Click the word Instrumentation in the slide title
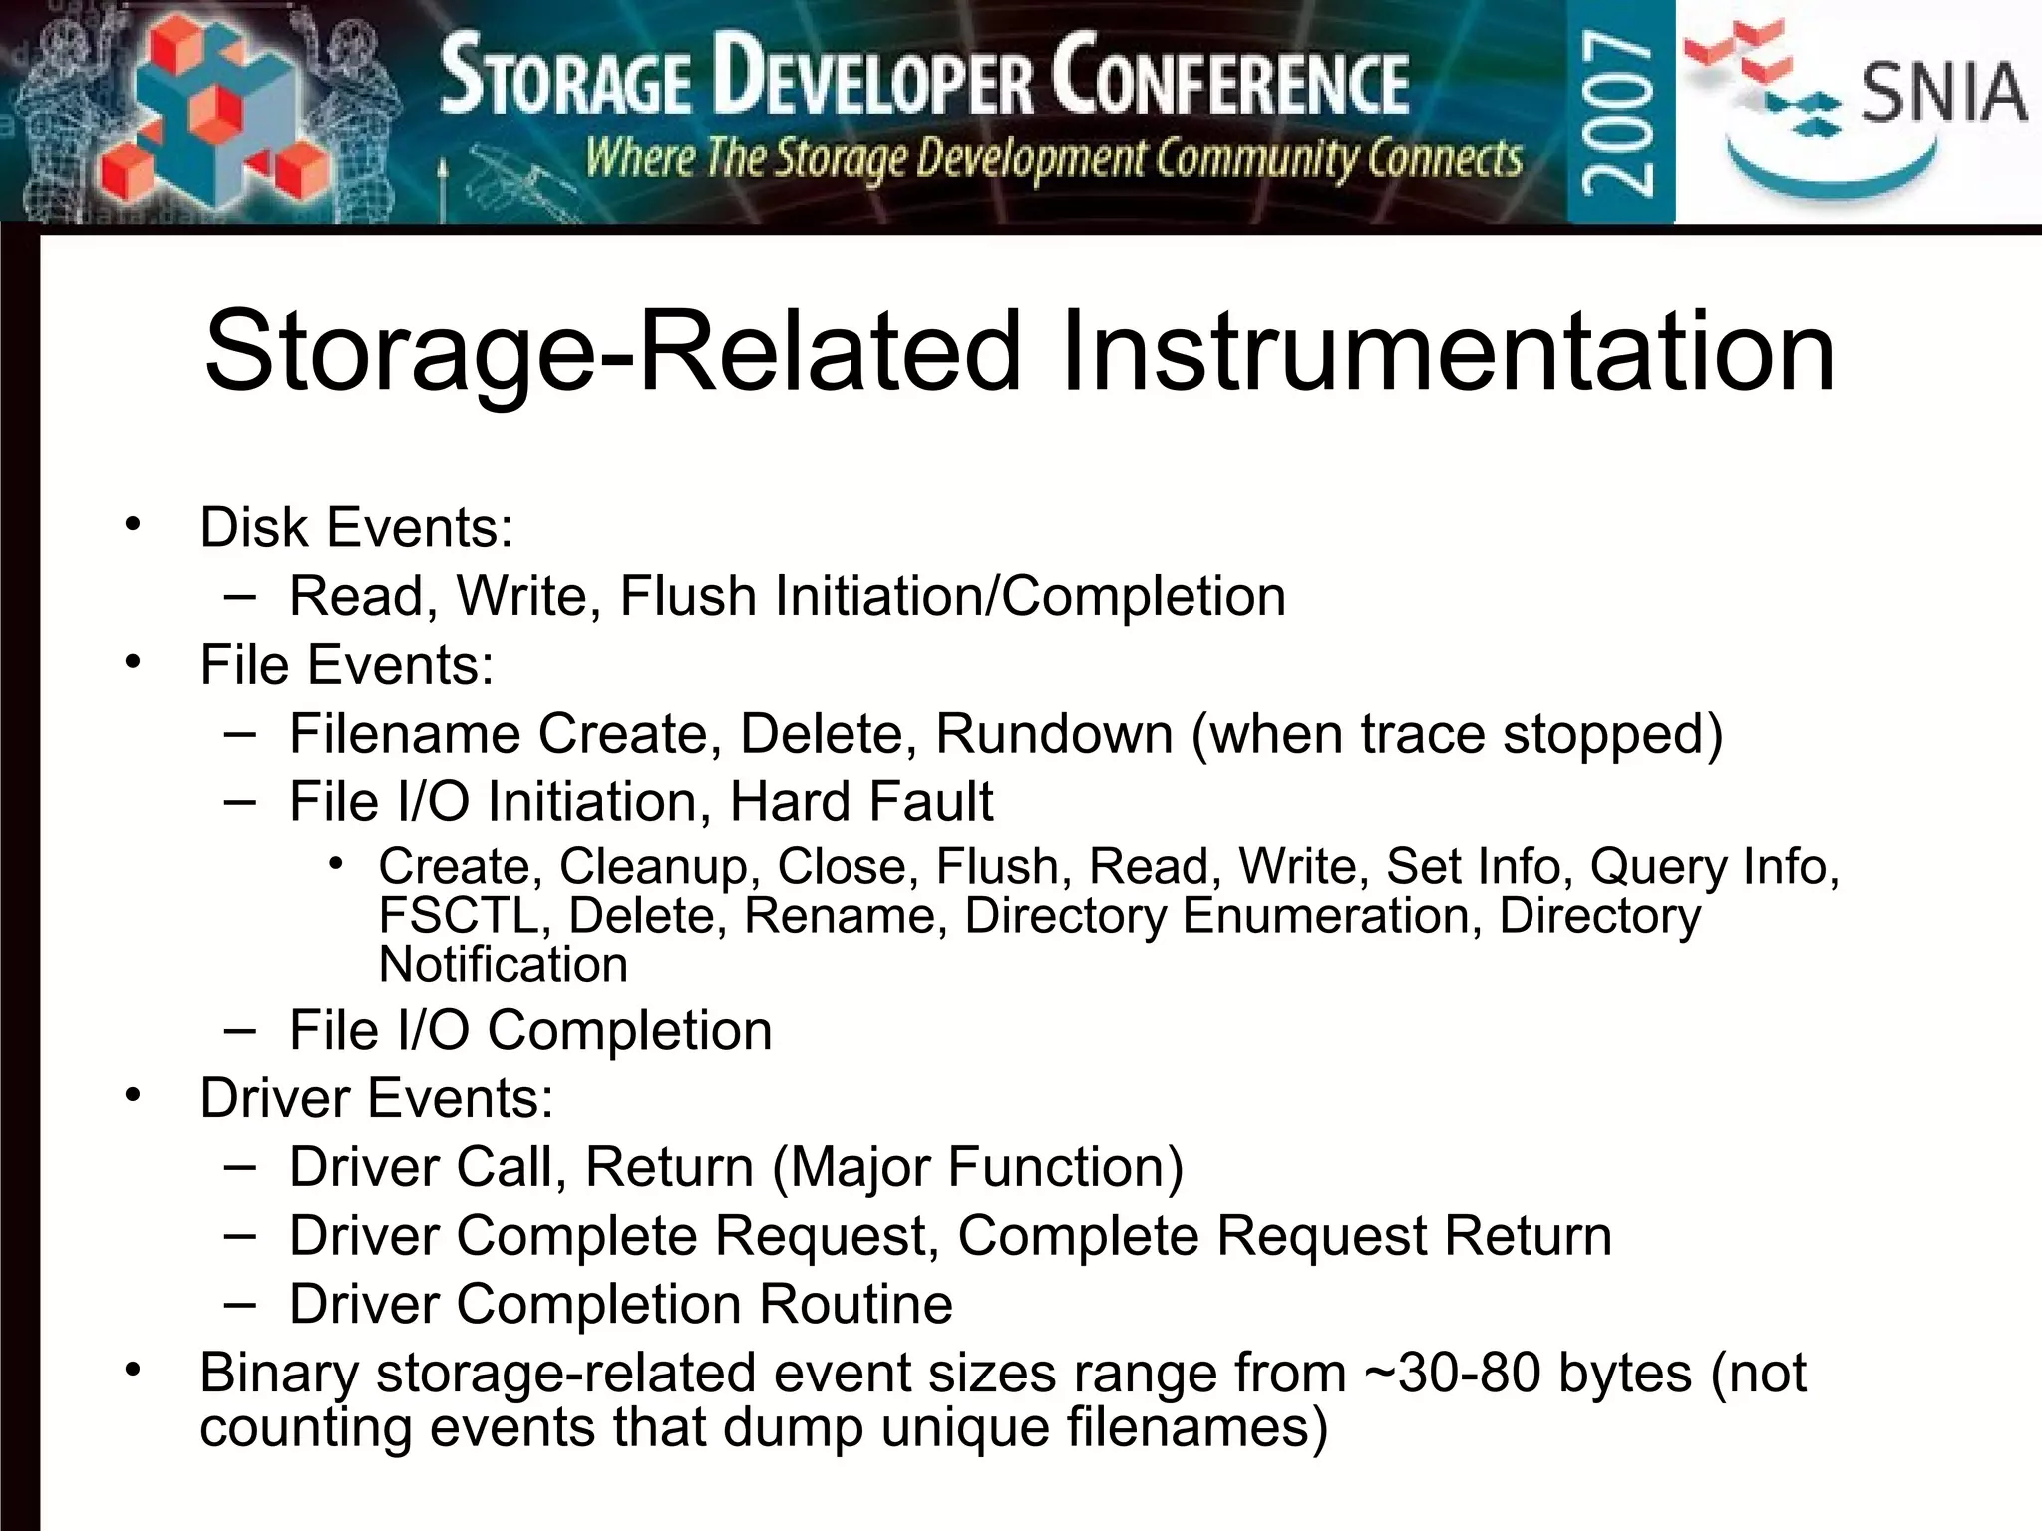pyautogui.click(x=1448, y=351)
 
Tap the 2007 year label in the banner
pyautogui.click(x=1618, y=112)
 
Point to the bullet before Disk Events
pyautogui.click(x=133, y=524)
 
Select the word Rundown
pyautogui.click(x=1054, y=734)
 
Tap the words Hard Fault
pyautogui.click(x=861, y=802)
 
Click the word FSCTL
pyautogui.click(x=458, y=915)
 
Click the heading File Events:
pyautogui.click(x=346, y=665)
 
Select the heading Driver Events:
pyautogui.click(x=376, y=1098)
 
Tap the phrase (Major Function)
pyautogui.click(x=978, y=1167)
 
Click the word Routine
pyautogui.click(x=855, y=1304)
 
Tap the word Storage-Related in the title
pyautogui.click(x=612, y=351)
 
